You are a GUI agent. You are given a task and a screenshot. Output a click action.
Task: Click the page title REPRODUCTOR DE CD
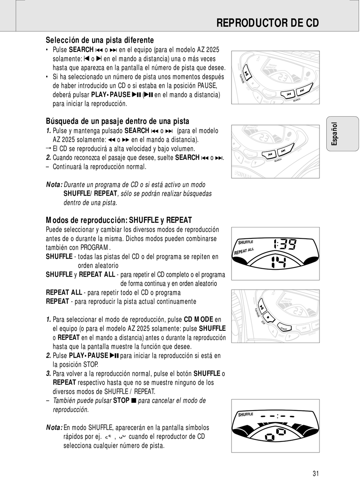tap(267, 23)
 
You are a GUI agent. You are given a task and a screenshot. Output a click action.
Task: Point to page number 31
tap(316, 473)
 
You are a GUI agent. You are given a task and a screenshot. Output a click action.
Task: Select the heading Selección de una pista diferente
tap(100, 40)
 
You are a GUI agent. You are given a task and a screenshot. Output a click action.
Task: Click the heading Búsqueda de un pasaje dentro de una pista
tap(117, 121)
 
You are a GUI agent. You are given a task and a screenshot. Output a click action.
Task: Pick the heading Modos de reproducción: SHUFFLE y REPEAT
tap(119, 220)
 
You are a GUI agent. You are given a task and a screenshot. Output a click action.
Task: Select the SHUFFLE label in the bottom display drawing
tap(246, 415)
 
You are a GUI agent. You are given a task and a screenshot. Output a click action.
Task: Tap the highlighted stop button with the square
tap(268, 316)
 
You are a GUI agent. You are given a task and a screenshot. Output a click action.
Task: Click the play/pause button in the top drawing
tap(246, 73)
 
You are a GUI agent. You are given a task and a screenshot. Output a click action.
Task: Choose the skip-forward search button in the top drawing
tap(302, 91)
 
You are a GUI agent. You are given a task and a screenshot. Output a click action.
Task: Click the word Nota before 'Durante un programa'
tap(54, 185)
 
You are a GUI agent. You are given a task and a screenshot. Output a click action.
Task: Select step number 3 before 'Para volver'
tap(49, 374)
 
